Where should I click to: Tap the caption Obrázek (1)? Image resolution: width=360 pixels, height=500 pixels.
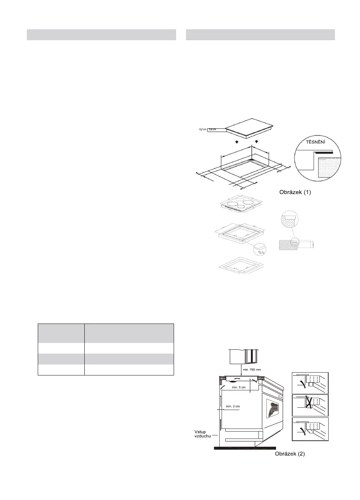(295, 193)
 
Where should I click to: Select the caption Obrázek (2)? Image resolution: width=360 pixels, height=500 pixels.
(290, 454)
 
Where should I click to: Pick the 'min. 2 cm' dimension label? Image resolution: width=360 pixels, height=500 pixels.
(233, 406)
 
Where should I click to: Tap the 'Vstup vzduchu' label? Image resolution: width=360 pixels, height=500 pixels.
(203, 433)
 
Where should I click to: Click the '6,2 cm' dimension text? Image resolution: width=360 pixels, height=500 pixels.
(202, 129)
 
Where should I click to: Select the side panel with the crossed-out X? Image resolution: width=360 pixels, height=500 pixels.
(310, 405)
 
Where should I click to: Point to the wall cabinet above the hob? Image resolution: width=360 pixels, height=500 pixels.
(244, 356)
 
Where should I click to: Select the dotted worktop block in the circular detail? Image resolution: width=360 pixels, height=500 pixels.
(330, 168)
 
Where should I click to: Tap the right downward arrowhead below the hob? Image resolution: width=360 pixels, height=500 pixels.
(256, 142)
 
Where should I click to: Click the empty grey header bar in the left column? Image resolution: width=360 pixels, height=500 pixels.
(101, 35)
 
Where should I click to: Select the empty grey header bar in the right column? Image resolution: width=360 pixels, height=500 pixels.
(260, 35)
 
